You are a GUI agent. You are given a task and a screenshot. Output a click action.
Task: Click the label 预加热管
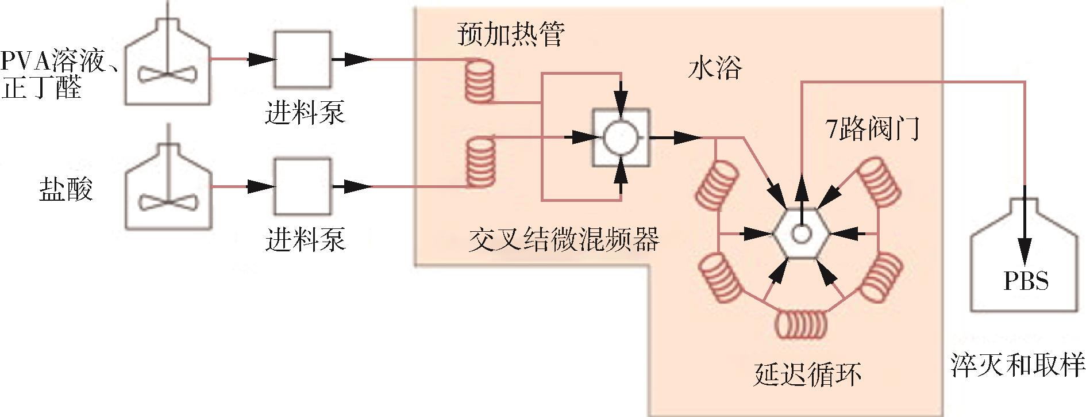[x=511, y=35]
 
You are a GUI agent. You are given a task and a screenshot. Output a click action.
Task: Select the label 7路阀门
[x=873, y=129]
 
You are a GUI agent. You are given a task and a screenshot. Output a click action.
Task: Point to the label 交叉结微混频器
[x=564, y=240]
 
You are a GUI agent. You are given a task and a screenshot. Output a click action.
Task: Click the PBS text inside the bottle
[x=1026, y=281]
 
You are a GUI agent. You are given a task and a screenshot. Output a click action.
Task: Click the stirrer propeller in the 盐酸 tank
[x=168, y=201]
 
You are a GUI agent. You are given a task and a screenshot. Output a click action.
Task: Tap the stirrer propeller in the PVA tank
[x=168, y=75]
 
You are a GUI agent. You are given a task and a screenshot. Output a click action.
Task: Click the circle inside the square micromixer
[x=621, y=138]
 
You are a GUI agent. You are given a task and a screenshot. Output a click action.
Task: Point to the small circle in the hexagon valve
[x=801, y=234]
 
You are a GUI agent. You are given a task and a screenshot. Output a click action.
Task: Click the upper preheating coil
[x=479, y=83]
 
